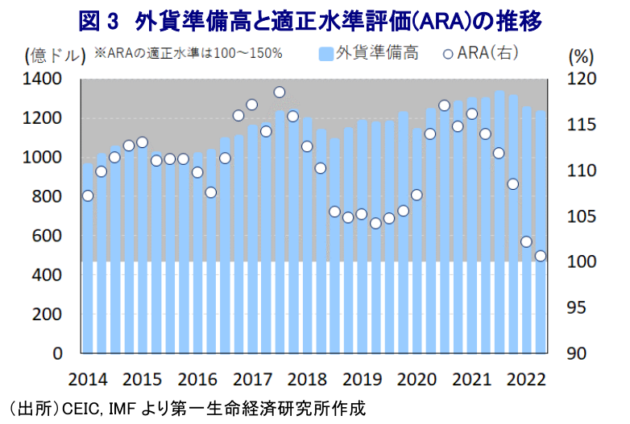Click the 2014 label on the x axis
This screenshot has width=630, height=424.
coord(88,379)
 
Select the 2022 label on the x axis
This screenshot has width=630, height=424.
coord(525,379)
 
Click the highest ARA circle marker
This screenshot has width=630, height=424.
coord(280,93)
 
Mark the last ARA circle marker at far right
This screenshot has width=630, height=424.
coord(540,256)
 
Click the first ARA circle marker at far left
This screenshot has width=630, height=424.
coord(88,196)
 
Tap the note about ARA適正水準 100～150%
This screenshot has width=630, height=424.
coord(188,54)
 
